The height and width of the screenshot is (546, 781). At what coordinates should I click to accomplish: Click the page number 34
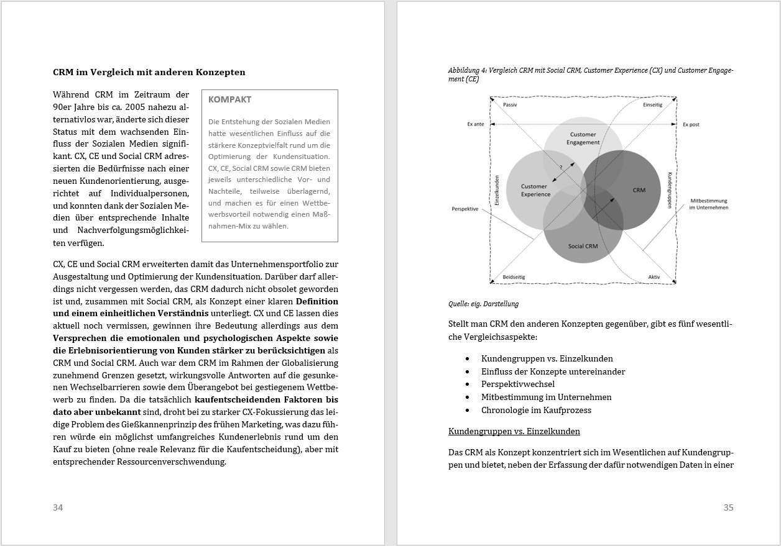tap(58, 507)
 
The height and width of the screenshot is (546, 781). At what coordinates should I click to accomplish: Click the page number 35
tap(728, 507)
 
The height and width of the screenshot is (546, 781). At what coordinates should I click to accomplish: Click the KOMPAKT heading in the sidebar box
tap(230, 99)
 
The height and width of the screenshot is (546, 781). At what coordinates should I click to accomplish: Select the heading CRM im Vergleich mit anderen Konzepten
tap(149, 72)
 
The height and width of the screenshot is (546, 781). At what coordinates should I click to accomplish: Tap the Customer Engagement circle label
tap(583, 138)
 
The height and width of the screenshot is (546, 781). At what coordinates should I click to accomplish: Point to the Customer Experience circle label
tap(535, 190)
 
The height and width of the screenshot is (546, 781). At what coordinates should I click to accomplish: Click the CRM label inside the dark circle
tap(639, 190)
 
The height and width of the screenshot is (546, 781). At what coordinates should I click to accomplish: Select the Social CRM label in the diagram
tap(583, 246)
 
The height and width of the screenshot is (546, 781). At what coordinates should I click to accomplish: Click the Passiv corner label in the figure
tap(510, 105)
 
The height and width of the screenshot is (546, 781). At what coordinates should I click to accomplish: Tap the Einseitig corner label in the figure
tap(652, 105)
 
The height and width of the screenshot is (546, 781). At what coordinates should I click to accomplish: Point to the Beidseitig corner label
tap(513, 277)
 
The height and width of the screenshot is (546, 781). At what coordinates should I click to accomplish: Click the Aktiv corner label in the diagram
tap(654, 277)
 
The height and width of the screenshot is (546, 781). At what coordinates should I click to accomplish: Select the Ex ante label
tap(476, 124)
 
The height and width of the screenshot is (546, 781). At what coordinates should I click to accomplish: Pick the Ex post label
tap(691, 124)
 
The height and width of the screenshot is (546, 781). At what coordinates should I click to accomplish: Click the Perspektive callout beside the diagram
tap(465, 209)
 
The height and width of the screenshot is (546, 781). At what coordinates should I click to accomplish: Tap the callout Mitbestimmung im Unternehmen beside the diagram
tap(708, 204)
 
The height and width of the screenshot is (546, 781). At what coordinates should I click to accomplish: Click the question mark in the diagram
tap(560, 167)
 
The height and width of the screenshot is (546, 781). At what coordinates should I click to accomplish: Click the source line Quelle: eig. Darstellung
tap(483, 304)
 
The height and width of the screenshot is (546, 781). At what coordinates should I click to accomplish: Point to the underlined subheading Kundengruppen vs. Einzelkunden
tap(514, 431)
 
